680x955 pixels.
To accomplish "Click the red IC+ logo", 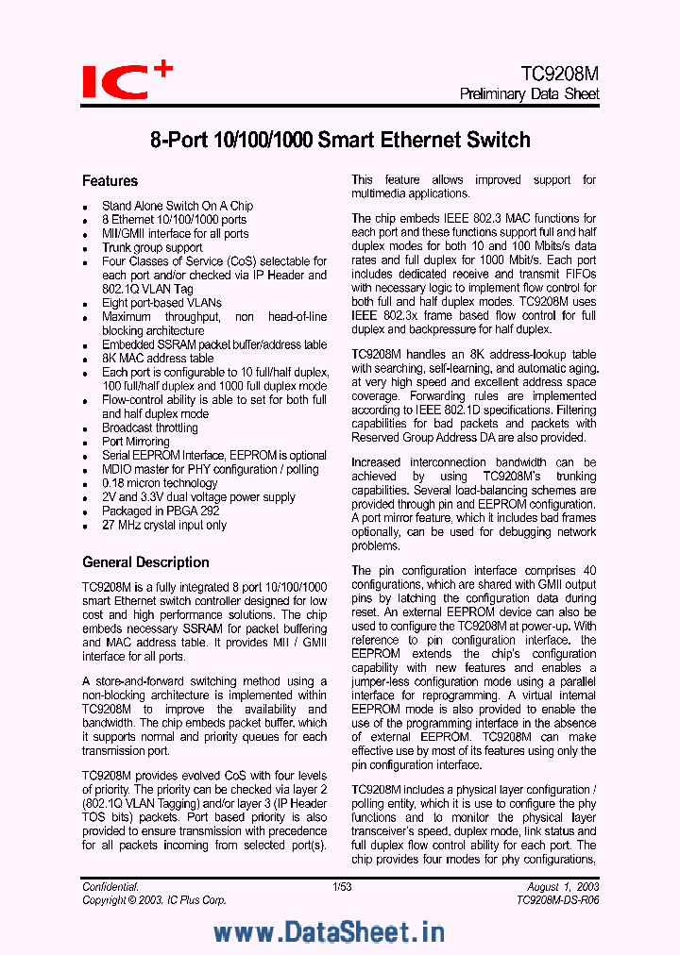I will point(126,80).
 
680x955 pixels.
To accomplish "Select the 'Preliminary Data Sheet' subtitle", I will point(529,94).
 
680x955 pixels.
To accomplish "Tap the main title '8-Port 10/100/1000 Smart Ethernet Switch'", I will point(340,141).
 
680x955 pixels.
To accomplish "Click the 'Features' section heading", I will point(110,181).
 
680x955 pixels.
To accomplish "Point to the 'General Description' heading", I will point(145,562).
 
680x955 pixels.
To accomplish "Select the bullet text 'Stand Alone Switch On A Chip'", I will point(178,206).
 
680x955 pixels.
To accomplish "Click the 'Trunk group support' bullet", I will point(152,247).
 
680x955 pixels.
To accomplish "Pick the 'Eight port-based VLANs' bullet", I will point(161,303).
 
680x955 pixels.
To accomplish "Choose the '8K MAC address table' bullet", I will point(158,359).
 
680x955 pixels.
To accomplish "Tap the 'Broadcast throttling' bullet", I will point(150,427).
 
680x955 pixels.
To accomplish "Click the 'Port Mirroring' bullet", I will point(136,442).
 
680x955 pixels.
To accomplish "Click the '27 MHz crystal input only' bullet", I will point(164,525).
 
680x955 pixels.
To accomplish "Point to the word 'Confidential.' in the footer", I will point(110,887).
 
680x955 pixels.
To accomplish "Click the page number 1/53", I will point(342,887).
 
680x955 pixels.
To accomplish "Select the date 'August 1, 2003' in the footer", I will point(564,887).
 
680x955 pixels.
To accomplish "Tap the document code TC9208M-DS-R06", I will point(557,900).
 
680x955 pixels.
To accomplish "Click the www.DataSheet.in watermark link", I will point(329,932).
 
